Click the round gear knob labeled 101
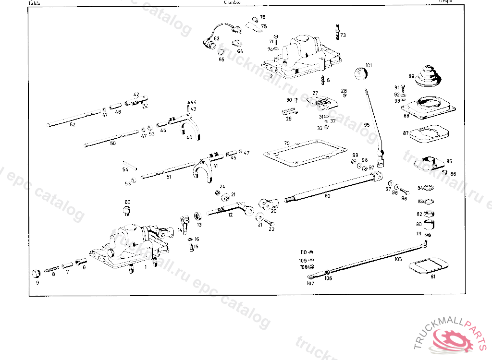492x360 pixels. coord(360,75)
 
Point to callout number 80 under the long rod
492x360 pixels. coord(327,195)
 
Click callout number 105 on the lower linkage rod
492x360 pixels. coord(398,259)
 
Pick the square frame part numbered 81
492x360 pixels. coord(427,265)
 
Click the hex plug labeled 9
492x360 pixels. coord(36,274)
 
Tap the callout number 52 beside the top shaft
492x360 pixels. coord(73,124)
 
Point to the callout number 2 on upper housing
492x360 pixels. coord(271,76)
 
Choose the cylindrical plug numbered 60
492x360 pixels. coord(127,211)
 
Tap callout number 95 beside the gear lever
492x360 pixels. coord(367,124)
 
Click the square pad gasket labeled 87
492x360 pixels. coord(429,133)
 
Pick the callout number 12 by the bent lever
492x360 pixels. coord(231,215)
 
